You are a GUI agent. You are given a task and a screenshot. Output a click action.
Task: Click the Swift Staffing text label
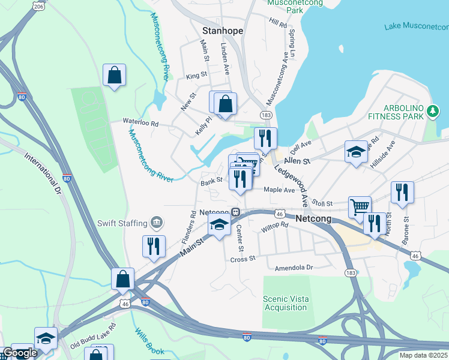[x=122, y=223]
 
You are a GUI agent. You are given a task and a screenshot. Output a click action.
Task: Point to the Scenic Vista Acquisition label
[x=285, y=303]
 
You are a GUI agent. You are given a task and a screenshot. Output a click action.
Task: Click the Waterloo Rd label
[x=140, y=122]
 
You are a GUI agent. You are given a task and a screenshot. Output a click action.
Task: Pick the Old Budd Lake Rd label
[x=92, y=335]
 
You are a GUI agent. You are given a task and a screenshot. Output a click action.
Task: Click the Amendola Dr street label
[x=294, y=268]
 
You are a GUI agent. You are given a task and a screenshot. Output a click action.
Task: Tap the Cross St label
[x=243, y=259]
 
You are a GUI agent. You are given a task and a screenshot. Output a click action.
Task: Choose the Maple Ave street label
[x=280, y=190]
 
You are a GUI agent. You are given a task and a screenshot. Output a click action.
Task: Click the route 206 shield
[x=38, y=6]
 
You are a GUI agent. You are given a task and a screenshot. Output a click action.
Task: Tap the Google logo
[x=20, y=353]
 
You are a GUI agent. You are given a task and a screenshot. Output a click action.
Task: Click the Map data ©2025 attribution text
[x=423, y=355]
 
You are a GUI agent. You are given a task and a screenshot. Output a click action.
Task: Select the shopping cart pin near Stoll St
[x=360, y=206]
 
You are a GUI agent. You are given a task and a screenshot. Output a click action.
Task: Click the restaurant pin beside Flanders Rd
[x=154, y=245]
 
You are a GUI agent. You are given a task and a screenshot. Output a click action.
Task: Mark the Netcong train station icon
[x=237, y=212]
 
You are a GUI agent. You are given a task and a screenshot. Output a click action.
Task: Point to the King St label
[x=196, y=76]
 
